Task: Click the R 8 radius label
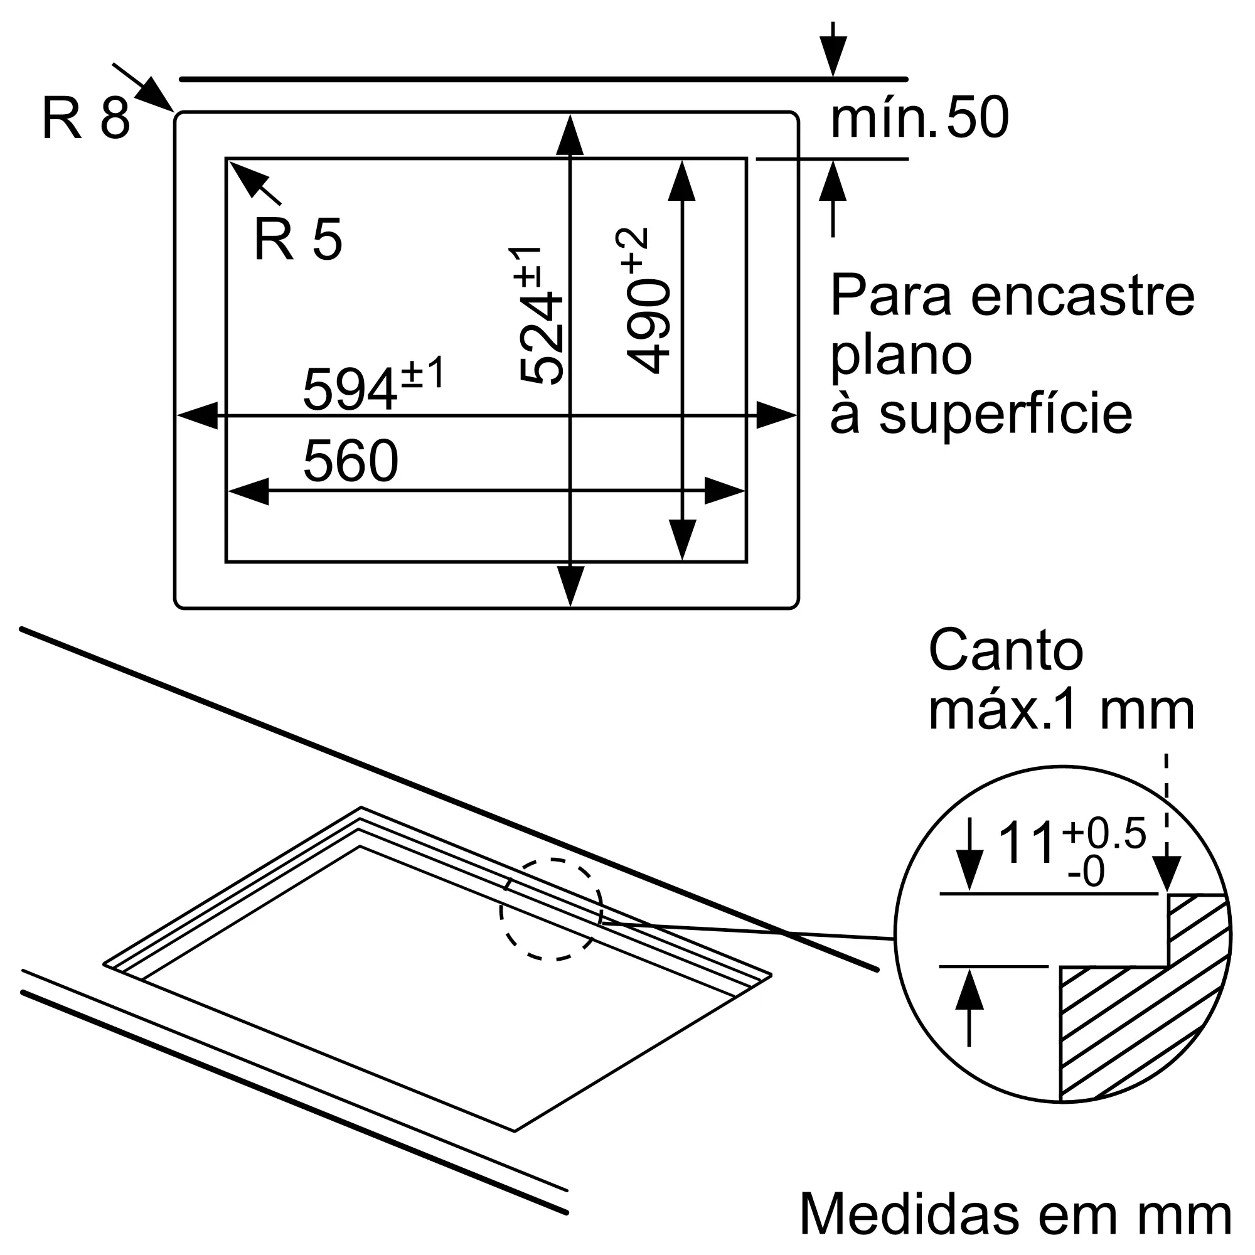click(x=86, y=118)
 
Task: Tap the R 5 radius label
click(x=297, y=240)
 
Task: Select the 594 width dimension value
click(x=350, y=390)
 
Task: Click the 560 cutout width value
click(x=351, y=461)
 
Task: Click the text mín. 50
click(x=919, y=118)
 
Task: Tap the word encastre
click(x=1082, y=296)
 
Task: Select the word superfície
click(x=1005, y=414)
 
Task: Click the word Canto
click(x=1005, y=650)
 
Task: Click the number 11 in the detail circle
click(x=1026, y=843)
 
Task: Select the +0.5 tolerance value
click(x=1104, y=833)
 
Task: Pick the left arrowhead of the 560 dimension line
click(x=248, y=491)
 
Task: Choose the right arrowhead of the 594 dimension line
click(x=776, y=415)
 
